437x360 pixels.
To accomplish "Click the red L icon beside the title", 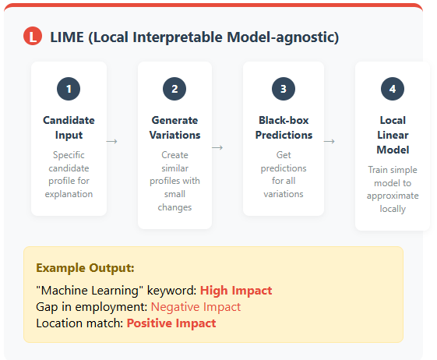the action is [x=33, y=36].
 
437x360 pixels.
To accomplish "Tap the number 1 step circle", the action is [x=69, y=89].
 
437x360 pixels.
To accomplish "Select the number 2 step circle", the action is [x=174, y=89].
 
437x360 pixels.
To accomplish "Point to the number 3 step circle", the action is [x=284, y=89].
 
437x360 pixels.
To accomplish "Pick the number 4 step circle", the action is [x=393, y=89].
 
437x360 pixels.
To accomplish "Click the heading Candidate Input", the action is [x=69, y=128].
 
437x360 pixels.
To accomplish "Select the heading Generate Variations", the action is [x=174, y=128].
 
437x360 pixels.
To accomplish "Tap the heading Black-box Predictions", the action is [x=284, y=128].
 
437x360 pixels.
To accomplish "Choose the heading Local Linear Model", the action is [x=393, y=135].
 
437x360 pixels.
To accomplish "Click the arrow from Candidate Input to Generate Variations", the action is [x=111, y=141].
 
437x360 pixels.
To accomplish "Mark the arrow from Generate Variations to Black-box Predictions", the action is [x=217, y=147].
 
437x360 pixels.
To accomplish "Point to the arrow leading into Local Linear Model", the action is [x=330, y=141].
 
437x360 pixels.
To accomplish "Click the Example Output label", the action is [x=85, y=268].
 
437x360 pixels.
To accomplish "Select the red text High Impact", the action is [x=236, y=291].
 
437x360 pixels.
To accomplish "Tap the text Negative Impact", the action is [x=196, y=307].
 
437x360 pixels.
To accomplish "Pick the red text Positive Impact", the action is [x=171, y=323].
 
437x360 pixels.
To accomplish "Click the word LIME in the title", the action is [x=67, y=37].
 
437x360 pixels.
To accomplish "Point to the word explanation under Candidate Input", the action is [x=69, y=194].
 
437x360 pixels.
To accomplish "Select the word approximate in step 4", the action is [x=393, y=196].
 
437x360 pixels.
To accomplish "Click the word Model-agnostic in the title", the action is [x=283, y=37].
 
